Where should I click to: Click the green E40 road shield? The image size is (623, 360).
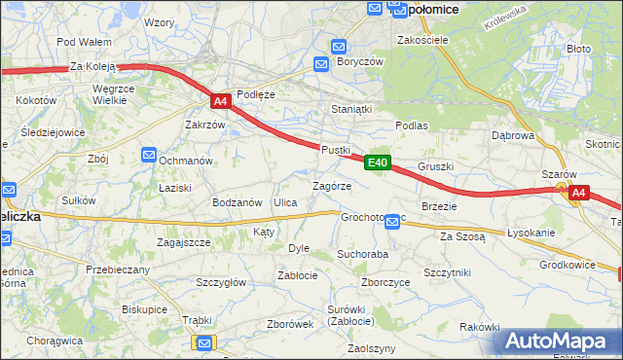click(x=379, y=162)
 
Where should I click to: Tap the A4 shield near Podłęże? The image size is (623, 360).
click(x=220, y=100)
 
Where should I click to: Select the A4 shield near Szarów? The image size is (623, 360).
click(x=578, y=193)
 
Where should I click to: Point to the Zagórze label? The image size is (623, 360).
click(x=331, y=185)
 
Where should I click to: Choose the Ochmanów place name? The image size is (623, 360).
click(x=185, y=160)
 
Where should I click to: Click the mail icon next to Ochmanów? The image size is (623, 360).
click(x=148, y=154)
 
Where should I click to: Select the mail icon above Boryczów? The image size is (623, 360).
click(x=338, y=46)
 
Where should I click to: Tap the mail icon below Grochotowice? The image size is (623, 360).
click(x=391, y=223)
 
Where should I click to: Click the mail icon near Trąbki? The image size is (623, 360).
click(x=204, y=342)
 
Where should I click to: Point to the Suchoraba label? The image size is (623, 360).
click(x=362, y=253)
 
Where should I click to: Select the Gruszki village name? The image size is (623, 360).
click(x=435, y=166)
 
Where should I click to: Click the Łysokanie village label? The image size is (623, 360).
click(x=531, y=234)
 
